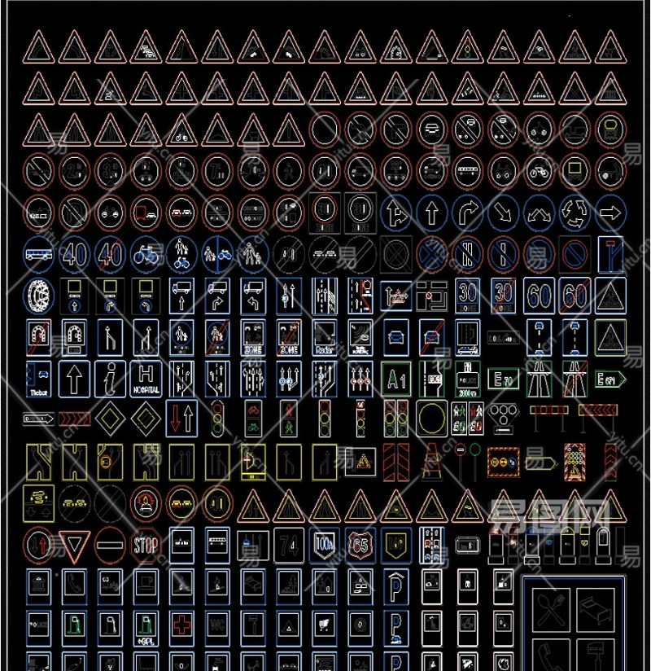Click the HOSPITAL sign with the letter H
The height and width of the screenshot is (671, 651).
[x=146, y=379]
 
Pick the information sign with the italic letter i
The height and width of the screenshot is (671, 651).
[x=111, y=379]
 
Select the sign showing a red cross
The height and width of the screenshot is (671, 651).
[x=181, y=625]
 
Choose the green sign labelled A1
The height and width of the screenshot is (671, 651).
[x=395, y=379]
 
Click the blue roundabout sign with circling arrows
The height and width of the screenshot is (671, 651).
[x=575, y=213]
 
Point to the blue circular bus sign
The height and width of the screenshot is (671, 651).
[x=39, y=255]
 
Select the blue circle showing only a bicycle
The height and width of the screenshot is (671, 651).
[x=146, y=255]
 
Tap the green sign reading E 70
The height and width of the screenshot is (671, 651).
[x=503, y=379]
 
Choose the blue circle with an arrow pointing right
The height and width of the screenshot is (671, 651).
[x=609, y=213]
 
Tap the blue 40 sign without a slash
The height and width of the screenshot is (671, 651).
[x=75, y=255]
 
